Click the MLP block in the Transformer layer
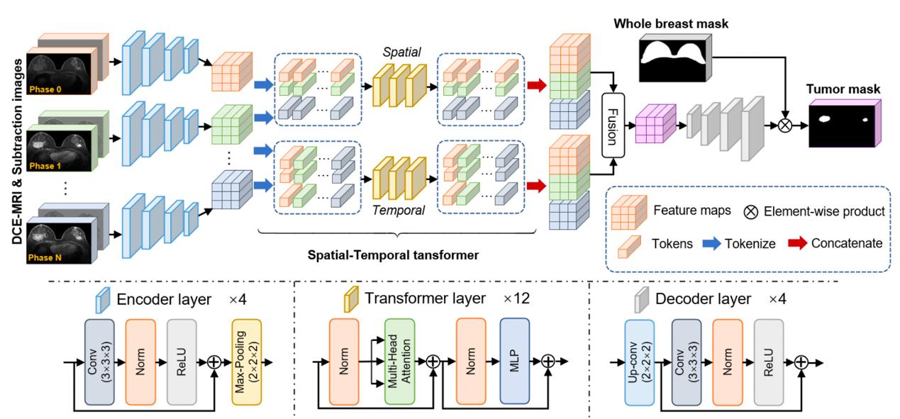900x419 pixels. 515,362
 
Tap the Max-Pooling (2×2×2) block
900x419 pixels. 246,362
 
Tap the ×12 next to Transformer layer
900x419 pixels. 516,298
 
